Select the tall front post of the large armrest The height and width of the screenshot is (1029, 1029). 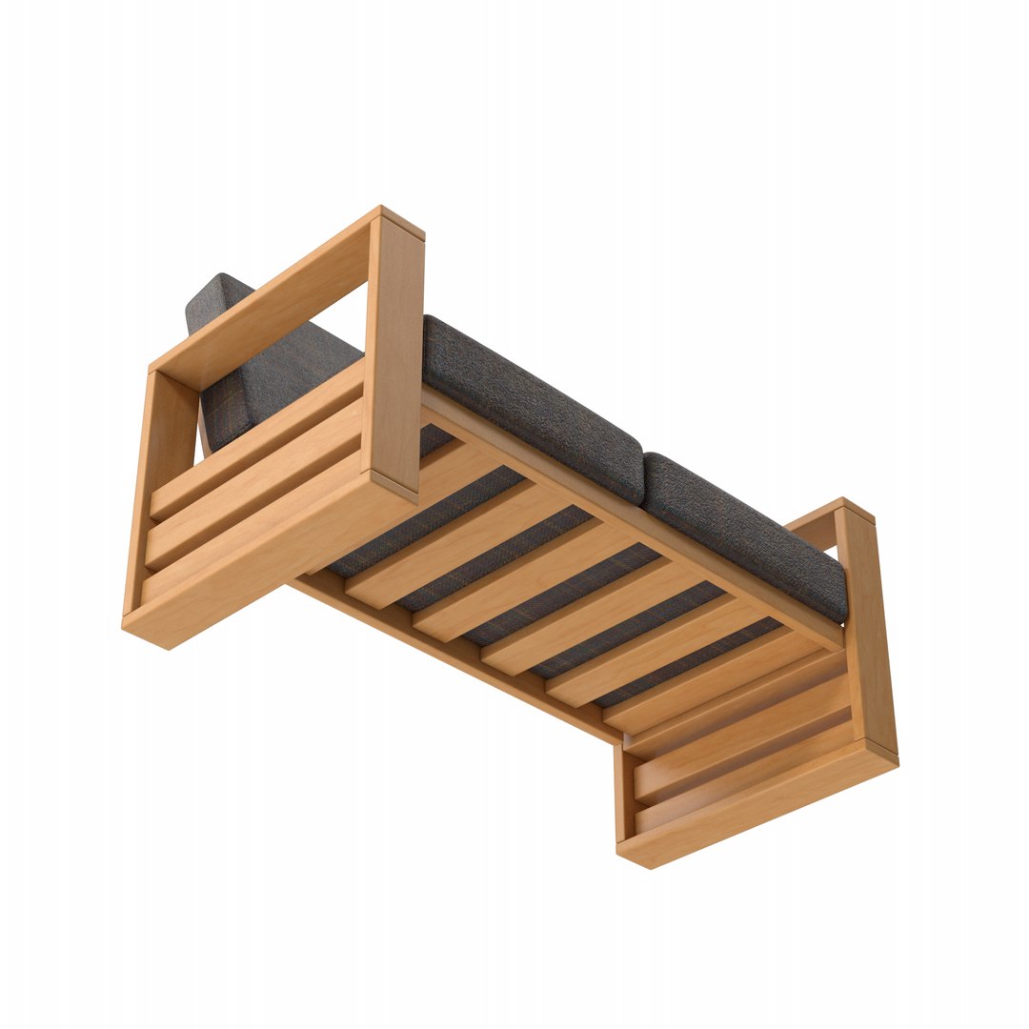393,353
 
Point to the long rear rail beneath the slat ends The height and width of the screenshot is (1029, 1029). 457,657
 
